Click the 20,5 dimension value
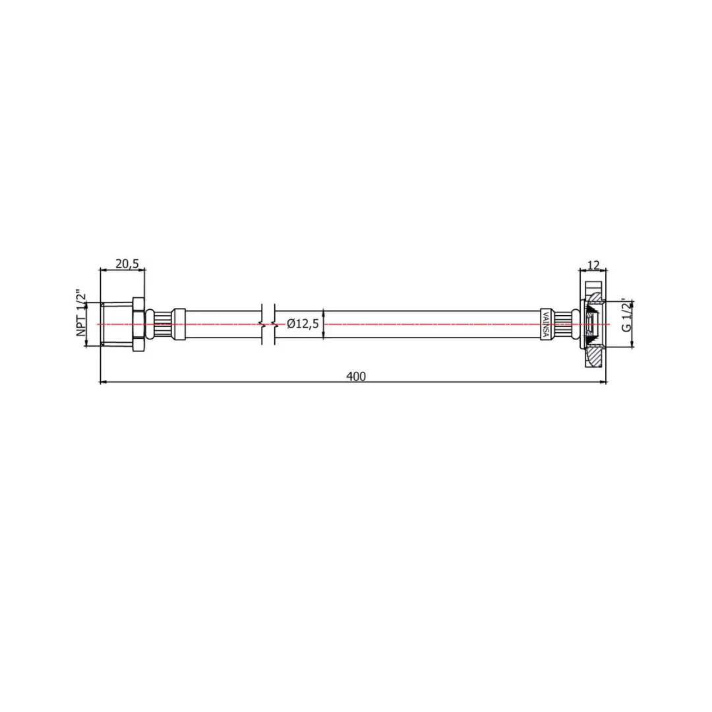tap(127, 264)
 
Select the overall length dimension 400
tap(355, 376)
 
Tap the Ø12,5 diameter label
tap(303, 324)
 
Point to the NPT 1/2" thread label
tap(82, 313)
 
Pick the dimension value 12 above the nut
tap(593, 265)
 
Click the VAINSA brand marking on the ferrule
tap(545, 324)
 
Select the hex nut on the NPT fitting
tap(138, 324)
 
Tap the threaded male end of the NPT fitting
tap(117, 324)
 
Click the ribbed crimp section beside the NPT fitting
tap(163, 324)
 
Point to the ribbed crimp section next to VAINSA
tap(560, 324)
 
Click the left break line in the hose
tap(262, 324)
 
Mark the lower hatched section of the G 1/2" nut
tap(595, 355)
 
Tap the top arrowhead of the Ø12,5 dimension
tap(323, 312)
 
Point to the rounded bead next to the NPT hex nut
tap(150, 324)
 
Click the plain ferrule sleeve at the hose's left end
tap(179, 324)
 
